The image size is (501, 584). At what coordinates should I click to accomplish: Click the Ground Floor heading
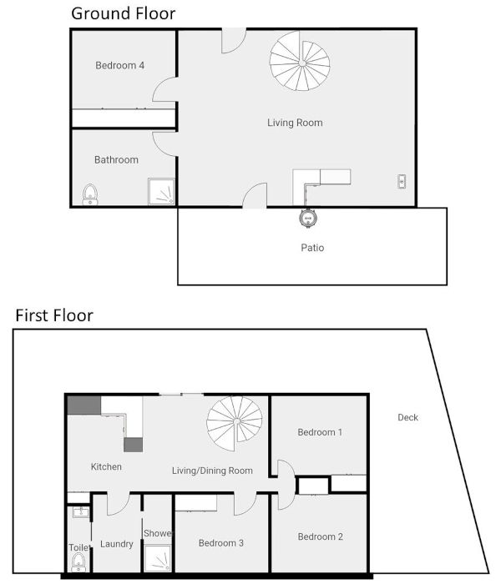(123, 13)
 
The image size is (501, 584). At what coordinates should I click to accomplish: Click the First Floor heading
(54, 315)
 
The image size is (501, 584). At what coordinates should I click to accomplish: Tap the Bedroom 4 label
(120, 66)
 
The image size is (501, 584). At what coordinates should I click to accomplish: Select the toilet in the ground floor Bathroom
(90, 194)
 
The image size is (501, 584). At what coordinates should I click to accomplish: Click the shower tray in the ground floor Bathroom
(162, 192)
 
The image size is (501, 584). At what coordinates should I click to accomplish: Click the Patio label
(311, 248)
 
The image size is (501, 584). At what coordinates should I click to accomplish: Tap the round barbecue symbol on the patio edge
(307, 218)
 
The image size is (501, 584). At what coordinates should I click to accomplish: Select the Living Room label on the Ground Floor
(295, 123)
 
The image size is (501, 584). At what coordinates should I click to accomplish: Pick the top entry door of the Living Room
(233, 39)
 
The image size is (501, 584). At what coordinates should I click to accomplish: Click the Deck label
(407, 417)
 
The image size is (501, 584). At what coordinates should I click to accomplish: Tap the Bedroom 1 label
(320, 432)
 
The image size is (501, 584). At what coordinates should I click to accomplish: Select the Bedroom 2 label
(320, 536)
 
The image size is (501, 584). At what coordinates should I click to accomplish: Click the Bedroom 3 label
(221, 543)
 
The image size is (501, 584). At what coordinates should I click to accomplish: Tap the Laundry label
(116, 544)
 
